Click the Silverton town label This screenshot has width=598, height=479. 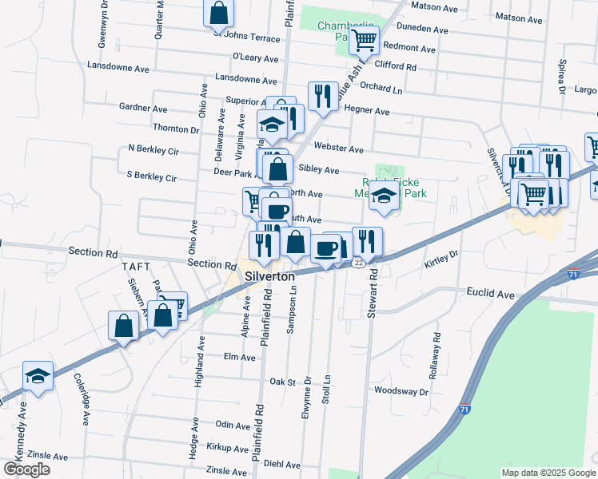coord(270,275)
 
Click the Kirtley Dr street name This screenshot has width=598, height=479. coord(441,256)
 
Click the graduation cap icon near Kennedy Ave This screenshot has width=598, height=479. coord(38,375)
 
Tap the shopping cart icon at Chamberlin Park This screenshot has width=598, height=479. coord(364,38)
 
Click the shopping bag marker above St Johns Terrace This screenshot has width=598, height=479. coord(218,13)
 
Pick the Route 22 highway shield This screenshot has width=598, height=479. coord(361,263)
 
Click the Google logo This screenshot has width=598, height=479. coord(26,469)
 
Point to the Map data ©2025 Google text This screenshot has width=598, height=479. coord(548,473)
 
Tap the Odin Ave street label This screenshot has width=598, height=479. coord(233,426)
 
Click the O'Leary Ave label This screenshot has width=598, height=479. coord(255,58)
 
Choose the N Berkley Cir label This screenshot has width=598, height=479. coord(153,149)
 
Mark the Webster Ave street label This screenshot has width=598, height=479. coord(338,149)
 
